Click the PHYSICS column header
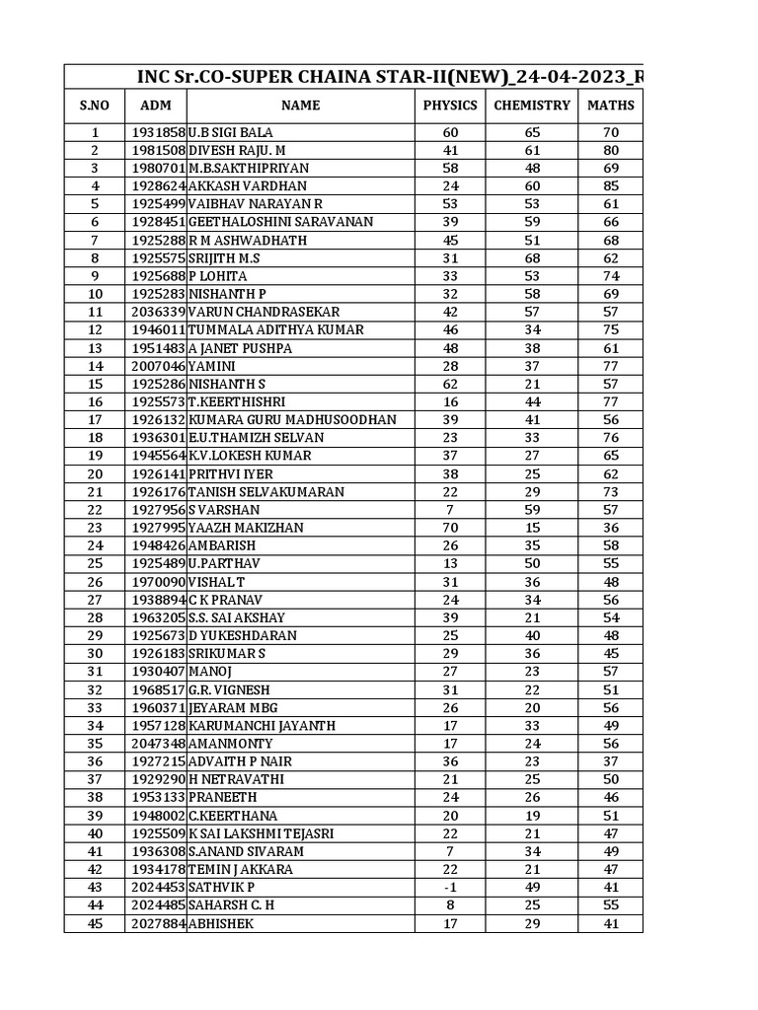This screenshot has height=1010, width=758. click(x=450, y=106)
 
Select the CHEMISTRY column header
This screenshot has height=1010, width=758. click(x=532, y=106)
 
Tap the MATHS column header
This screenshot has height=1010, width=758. click(x=611, y=106)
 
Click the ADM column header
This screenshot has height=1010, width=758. click(x=156, y=106)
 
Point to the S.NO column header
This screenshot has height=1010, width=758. click(x=95, y=106)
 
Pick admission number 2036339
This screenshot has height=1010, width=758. click(x=157, y=312)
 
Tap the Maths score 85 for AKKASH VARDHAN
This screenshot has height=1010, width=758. click(x=611, y=186)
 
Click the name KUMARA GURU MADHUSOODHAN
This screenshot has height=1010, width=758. click(x=292, y=420)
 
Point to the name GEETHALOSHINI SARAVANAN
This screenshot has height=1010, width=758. click(x=280, y=222)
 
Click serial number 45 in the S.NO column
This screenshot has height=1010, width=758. click(x=95, y=923)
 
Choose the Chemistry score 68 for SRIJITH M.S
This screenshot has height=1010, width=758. click(x=532, y=258)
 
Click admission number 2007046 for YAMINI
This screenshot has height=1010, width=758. click(x=157, y=366)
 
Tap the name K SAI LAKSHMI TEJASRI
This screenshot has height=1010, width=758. click(x=261, y=833)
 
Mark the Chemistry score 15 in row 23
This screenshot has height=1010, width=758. click(x=532, y=528)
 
